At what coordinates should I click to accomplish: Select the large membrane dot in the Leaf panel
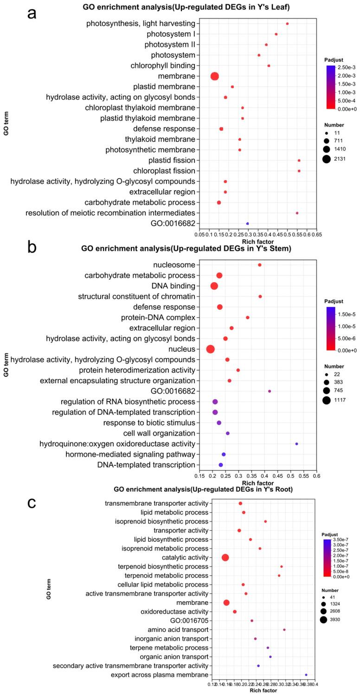(x=214, y=76)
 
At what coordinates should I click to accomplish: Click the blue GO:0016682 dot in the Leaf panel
(x=247, y=224)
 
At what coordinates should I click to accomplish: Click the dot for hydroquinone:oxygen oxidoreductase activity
(x=296, y=444)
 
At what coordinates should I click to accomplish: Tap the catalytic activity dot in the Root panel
(x=225, y=557)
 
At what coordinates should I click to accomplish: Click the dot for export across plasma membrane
(x=306, y=675)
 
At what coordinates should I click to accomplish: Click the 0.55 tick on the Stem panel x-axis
(x=303, y=476)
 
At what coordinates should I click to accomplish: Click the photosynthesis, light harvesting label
(x=141, y=24)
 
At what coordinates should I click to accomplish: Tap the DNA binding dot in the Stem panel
(x=214, y=286)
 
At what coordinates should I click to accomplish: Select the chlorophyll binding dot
(x=269, y=66)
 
